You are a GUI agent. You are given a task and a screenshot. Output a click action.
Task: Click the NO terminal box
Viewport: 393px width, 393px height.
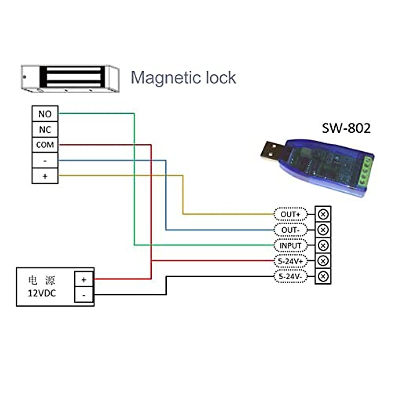45,114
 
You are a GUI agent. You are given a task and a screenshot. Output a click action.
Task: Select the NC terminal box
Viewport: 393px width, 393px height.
45,130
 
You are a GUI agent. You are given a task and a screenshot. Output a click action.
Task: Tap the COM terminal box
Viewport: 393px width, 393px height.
45,145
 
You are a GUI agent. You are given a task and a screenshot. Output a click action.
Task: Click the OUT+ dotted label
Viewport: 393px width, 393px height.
290,214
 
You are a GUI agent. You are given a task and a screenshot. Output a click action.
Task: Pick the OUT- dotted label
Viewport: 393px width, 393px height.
290,230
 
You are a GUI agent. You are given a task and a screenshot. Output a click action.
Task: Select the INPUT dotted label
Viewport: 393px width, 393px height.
290,245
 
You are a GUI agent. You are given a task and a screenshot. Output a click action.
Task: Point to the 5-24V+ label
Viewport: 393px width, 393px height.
290,261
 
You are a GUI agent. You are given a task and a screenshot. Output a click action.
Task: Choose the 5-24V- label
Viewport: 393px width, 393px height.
290,277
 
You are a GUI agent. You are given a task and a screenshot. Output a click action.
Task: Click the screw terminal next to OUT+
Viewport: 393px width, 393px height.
323,214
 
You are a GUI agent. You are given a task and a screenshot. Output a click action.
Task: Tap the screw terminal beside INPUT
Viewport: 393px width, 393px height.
323,245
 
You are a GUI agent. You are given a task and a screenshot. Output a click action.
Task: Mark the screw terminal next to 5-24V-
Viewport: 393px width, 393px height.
323,276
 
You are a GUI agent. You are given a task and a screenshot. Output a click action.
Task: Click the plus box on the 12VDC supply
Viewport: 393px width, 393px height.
84,279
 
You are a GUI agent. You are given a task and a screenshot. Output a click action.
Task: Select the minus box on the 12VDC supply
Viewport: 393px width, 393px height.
84,295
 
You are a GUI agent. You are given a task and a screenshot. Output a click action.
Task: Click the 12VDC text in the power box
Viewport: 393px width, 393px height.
42,293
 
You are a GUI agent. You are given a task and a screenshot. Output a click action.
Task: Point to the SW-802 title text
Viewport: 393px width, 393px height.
346,128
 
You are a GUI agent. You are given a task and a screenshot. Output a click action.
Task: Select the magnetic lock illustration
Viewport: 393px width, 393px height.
70,79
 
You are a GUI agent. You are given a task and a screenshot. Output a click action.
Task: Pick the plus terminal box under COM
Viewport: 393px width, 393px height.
45,176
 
